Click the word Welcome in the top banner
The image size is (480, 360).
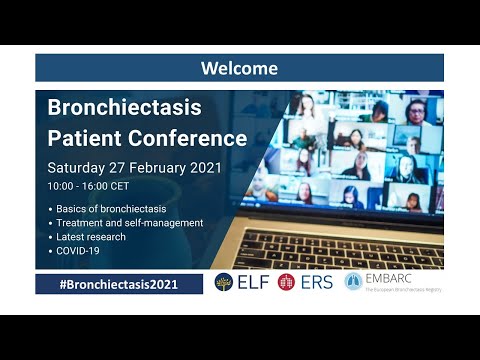[x=239, y=68]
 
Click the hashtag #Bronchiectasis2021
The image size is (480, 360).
[x=118, y=284]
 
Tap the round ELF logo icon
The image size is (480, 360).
[x=224, y=283]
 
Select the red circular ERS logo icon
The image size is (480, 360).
[x=287, y=283]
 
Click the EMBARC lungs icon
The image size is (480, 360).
[x=353, y=283]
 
